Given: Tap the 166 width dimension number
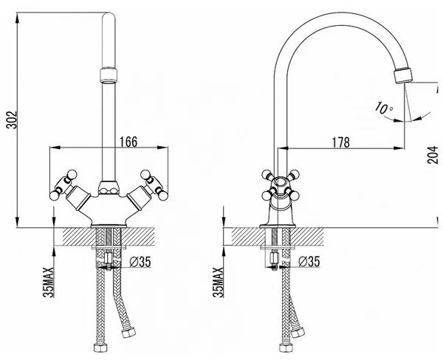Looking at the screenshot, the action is click(128, 142).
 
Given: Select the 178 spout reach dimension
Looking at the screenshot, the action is click(340, 142).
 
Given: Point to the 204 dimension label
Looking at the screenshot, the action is click(433, 155).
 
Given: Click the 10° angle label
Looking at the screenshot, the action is click(384, 108).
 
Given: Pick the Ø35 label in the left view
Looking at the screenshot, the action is click(140, 262).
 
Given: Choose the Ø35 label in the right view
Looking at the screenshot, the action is click(309, 261).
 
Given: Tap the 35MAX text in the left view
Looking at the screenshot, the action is click(49, 283).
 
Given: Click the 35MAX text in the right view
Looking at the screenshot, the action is click(218, 283).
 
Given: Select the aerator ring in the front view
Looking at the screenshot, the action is click(109, 75).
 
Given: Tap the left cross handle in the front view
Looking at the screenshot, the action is click(64, 184).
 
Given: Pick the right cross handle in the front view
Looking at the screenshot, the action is click(154, 184).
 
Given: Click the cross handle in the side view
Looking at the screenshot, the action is click(281, 184).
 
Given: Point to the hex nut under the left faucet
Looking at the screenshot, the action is click(109, 258).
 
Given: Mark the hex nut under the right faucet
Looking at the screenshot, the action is click(274, 258).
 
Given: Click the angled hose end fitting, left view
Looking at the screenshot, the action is click(128, 333).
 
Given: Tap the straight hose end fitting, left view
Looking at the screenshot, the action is click(100, 347).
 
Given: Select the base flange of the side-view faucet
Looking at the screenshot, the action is click(278, 226).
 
